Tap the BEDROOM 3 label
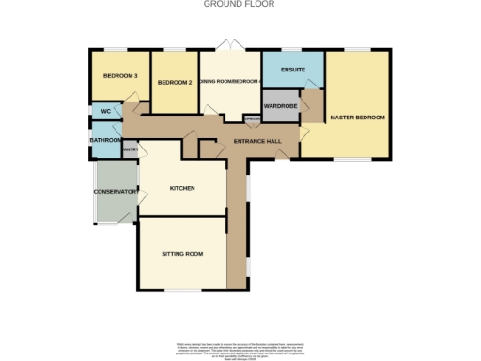pyautogui.click(x=120, y=75)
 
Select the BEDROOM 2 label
pyautogui.click(x=175, y=83)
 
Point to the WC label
pyautogui.click(x=105, y=112)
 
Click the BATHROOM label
pyautogui.click(x=105, y=141)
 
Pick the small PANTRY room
pyautogui.click(x=130, y=149)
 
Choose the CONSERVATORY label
pyautogui.click(x=115, y=192)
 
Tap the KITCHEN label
pyautogui.click(x=182, y=189)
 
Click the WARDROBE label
pyautogui.click(x=281, y=106)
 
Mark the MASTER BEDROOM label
pyautogui.click(x=357, y=117)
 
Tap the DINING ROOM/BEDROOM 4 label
pyautogui.click(x=229, y=81)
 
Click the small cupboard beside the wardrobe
pyautogui.click(x=252, y=119)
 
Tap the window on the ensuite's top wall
pyautogui.click(x=292, y=49)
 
